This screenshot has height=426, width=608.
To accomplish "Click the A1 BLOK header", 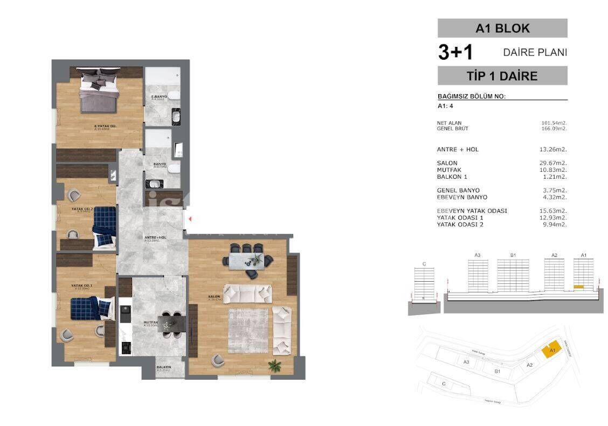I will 502,28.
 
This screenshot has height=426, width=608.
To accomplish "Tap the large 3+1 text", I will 455,52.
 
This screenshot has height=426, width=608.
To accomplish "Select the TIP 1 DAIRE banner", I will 502,76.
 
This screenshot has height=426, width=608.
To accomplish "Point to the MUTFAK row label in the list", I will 449,170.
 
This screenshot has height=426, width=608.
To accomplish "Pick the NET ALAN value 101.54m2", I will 554,123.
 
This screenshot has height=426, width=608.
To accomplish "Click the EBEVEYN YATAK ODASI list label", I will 472,211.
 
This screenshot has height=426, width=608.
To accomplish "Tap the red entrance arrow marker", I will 190,219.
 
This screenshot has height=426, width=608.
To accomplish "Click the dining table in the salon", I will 248,260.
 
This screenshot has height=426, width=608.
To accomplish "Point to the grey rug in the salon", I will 248,330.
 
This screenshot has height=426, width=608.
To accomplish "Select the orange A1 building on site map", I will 551,350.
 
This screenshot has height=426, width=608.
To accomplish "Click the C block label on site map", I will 444,384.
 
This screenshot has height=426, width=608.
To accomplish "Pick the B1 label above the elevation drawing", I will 513,255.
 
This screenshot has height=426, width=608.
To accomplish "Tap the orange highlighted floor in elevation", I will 579,287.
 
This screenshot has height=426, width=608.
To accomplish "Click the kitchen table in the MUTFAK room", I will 172,324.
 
